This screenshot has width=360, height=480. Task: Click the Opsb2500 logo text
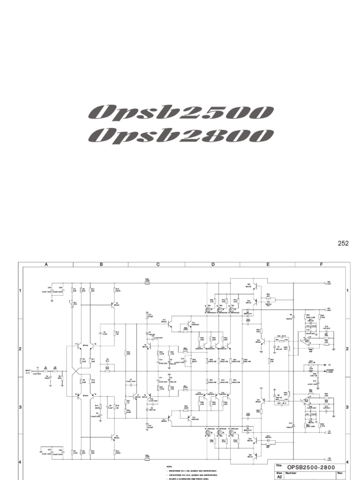(x=180, y=112)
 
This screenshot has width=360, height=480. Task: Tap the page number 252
(x=344, y=243)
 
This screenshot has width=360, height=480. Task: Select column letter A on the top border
(x=46, y=264)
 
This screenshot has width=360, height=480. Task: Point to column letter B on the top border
(x=101, y=264)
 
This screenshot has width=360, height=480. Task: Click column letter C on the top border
(x=158, y=264)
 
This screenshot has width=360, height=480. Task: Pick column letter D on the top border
(x=213, y=264)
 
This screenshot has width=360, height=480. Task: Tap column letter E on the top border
(x=268, y=264)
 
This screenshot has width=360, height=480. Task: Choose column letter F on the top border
(x=322, y=264)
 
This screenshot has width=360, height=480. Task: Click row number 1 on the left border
(x=20, y=291)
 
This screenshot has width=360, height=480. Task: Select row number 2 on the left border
(x=20, y=349)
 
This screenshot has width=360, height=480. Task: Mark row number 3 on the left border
(x=20, y=407)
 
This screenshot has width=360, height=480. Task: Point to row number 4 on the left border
(x=20, y=462)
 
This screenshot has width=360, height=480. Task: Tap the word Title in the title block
(x=279, y=465)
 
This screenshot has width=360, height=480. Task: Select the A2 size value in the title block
(x=280, y=477)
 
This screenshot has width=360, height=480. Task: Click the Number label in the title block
(x=292, y=473)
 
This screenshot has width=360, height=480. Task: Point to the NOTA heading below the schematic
(x=169, y=467)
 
